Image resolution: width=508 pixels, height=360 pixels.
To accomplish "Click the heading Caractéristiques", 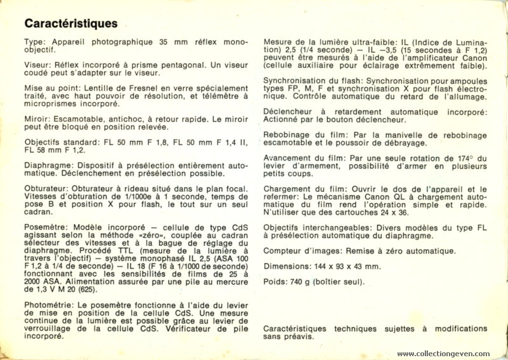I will click(x=70, y=24).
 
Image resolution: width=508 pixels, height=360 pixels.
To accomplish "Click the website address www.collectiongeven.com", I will click(x=443, y=354).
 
